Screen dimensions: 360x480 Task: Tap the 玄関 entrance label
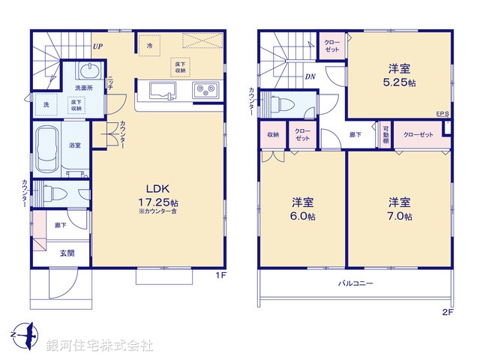[x=67, y=253]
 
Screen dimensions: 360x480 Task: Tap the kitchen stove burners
[x=205, y=91]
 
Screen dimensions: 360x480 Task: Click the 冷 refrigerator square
[x=149, y=46]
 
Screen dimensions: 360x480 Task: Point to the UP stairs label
[x=97, y=46]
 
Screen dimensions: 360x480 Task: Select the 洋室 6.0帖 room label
[x=302, y=208]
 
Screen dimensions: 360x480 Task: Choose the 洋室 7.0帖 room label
[x=399, y=208]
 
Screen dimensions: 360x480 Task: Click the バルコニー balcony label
[x=354, y=283]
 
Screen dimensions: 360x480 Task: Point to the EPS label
[x=442, y=115]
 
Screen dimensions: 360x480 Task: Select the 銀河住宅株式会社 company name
[x=100, y=346]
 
